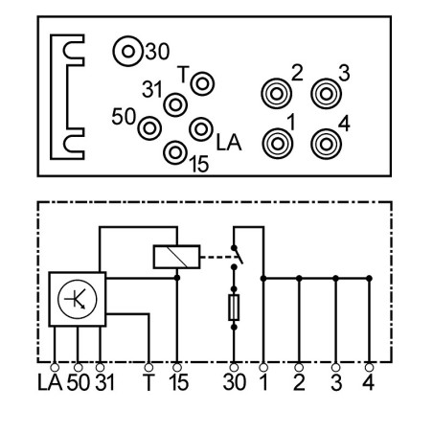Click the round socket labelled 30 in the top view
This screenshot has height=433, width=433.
(x=127, y=51)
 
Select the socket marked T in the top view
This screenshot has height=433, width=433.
(x=202, y=84)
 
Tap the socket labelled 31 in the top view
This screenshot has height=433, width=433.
(x=175, y=104)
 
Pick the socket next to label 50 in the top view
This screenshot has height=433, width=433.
(x=149, y=128)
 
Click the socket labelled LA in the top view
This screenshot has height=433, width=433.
(x=201, y=129)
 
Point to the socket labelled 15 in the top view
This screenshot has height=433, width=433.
(x=175, y=152)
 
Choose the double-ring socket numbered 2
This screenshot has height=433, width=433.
(x=277, y=94)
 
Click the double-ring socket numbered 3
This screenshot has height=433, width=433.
(x=326, y=94)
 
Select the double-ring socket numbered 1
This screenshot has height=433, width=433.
(x=278, y=144)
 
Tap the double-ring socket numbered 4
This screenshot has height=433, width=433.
(x=326, y=144)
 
